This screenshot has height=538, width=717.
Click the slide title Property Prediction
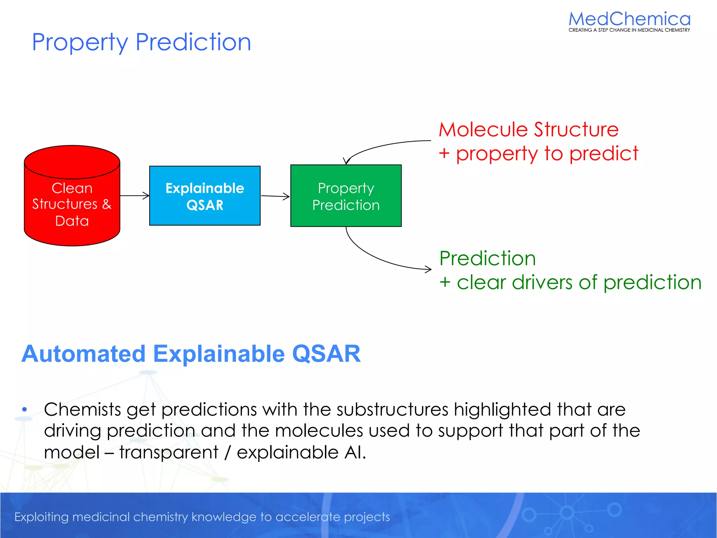click(141, 42)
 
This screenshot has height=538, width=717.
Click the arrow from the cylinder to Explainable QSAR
click(134, 196)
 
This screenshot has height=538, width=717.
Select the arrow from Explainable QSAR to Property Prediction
click(275, 196)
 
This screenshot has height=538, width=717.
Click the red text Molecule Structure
click(529, 130)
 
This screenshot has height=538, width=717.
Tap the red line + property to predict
click(538, 153)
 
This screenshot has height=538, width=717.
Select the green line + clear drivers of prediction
click(571, 282)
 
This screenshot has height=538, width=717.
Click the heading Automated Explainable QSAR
click(191, 354)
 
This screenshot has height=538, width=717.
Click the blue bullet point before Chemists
click(24, 409)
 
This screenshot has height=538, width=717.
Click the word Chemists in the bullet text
click(82, 409)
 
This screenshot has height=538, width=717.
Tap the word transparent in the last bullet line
click(169, 452)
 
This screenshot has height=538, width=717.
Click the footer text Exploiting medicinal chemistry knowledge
click(202, 517)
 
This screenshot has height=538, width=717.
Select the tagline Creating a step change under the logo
click(629, 30)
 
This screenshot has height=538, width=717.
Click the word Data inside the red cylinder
click(72, 221)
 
